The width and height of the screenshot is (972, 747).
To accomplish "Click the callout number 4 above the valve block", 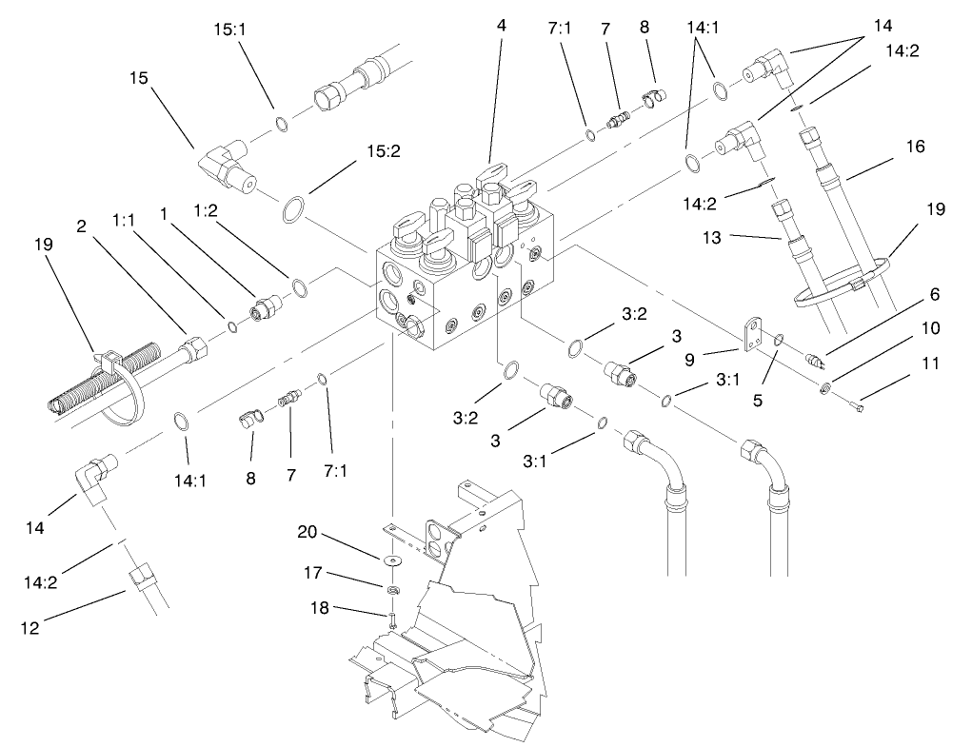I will (x=501, y=26).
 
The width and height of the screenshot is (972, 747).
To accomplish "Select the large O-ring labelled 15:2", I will (x=295, y=209).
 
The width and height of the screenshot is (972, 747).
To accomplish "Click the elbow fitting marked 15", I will (x=228, y=167).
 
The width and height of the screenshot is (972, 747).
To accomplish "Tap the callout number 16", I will (x=915, y=147).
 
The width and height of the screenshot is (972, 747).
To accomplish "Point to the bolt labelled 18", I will (x=391, y=620).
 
